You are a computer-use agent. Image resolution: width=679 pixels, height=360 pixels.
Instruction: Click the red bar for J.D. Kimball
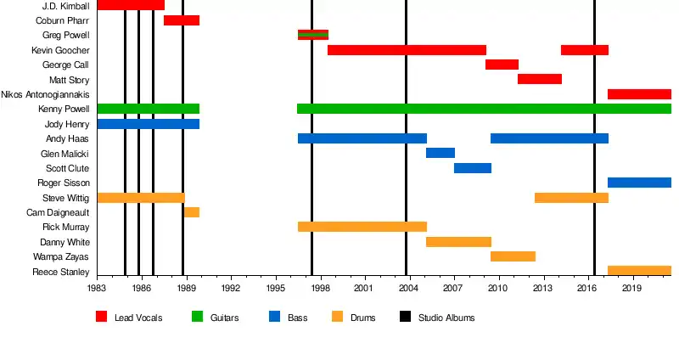(131, 5)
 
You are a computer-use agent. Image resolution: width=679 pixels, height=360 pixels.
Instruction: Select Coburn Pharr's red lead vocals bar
(182, 20)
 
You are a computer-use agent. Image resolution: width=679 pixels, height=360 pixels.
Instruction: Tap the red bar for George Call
(502, 65)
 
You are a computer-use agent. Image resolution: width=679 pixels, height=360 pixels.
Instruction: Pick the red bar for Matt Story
(540, 79)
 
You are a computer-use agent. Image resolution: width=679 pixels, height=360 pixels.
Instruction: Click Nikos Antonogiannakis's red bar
(639, 94)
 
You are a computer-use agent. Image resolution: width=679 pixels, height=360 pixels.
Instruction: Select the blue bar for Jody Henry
(149, 124)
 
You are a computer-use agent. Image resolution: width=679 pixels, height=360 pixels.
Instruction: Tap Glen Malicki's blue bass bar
(441, 153)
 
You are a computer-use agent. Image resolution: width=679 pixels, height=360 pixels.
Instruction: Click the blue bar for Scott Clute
(473, 168)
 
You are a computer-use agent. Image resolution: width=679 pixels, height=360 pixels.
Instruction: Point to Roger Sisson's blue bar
(639, 183)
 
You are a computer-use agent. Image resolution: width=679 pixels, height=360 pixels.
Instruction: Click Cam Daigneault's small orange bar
(192, 212)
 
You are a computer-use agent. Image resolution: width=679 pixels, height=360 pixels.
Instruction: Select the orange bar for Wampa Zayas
(513, 256)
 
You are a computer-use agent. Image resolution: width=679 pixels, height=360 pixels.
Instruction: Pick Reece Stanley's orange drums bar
(639, 271)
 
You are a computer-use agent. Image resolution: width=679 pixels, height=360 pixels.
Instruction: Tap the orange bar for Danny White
(458, 242)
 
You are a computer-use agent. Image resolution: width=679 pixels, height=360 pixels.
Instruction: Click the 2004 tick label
(408, 289)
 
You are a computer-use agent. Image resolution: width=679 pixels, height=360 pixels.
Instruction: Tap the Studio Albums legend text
(446, 318)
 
